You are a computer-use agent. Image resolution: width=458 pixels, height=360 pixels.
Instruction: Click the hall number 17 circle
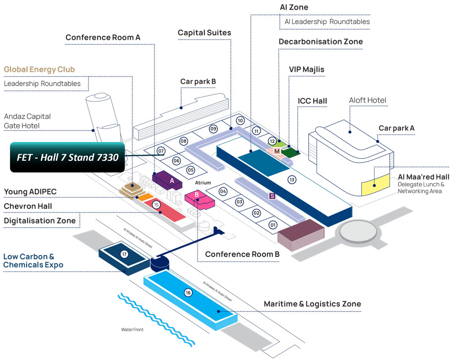124,254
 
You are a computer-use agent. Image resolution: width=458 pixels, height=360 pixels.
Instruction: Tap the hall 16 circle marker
188,293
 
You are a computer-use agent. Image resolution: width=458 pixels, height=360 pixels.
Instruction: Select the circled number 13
292,180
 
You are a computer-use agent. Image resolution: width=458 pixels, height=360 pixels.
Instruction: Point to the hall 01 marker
273,225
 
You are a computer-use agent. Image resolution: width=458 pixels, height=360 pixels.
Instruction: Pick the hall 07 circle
161,151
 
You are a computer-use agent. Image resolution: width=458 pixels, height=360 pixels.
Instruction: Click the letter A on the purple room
172,180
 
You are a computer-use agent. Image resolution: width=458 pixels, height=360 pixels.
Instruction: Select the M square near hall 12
277,151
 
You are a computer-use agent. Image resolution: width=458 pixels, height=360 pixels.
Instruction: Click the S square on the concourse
272,196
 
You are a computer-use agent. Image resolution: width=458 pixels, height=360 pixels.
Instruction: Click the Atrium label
203,183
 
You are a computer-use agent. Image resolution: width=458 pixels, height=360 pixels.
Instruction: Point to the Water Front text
132,329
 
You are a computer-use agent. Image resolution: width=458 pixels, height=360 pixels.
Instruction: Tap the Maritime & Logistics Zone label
312,304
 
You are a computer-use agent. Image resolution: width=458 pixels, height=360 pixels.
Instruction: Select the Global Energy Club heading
39,70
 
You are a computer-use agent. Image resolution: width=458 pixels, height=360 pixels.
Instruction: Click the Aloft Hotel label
368,100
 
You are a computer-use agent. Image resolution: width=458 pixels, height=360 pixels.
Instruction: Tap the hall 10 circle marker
240,121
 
